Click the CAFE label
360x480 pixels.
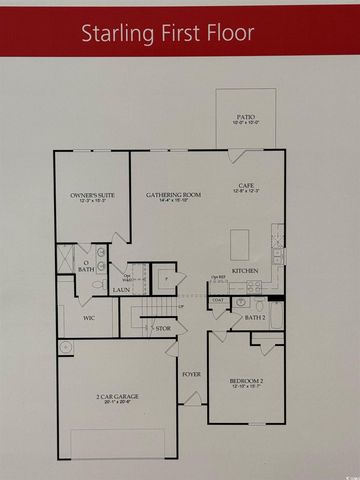pos(245,185)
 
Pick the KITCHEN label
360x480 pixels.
pos(245,271)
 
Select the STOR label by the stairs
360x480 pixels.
pos(163,326)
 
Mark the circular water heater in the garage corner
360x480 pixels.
pos(68,347)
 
